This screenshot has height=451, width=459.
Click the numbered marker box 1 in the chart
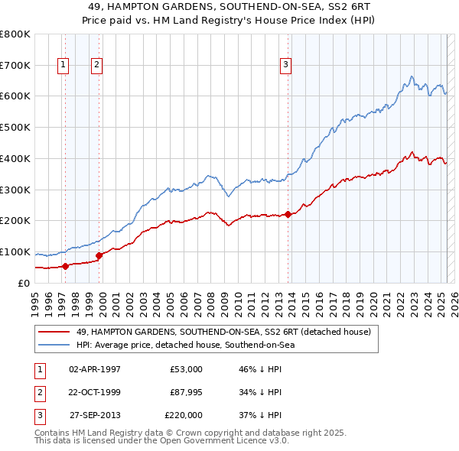point(62,66)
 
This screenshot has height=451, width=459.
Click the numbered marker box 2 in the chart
point(97,66)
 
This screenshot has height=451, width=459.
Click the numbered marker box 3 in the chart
point(285,66)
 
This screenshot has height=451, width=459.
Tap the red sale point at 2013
point(288,214)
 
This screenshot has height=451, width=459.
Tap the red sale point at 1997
point(65,266)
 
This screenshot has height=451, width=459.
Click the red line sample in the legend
point(54,332)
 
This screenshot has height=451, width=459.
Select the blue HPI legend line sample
point(54,345)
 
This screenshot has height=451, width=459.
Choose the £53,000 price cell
point(187,369)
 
